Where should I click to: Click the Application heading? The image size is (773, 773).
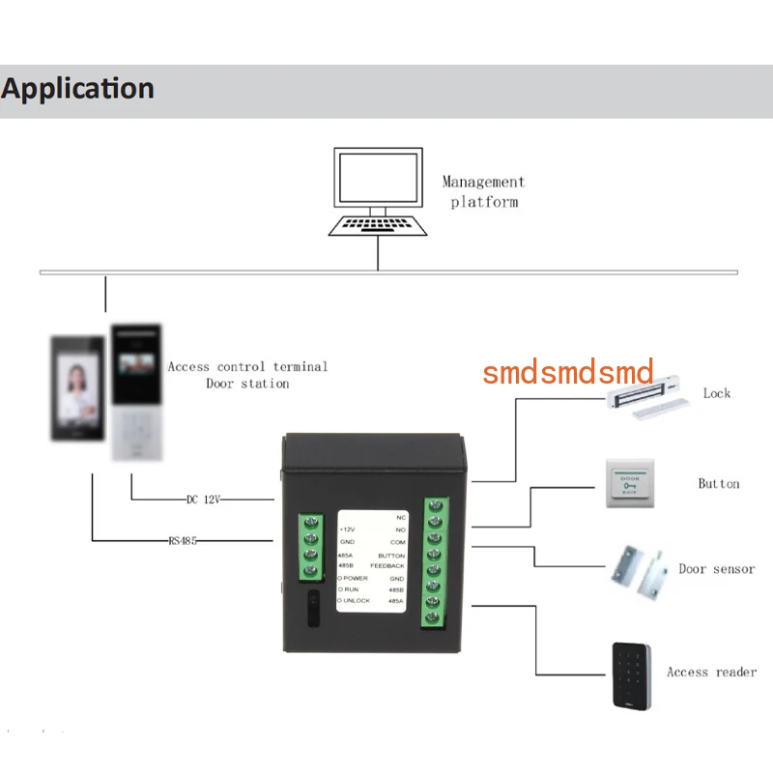(77, 89)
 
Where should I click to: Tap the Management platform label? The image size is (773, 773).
(483, 191)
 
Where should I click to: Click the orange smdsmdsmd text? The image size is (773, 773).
(568, 372)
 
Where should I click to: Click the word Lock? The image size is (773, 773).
(717, 393)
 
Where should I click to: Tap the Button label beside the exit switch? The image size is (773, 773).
(718, 483)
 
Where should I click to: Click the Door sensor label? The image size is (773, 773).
(716, 569)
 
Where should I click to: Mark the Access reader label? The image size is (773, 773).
(711, 672)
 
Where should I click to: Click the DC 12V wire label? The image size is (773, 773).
(204, 500)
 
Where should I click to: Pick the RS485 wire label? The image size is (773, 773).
(183, 541)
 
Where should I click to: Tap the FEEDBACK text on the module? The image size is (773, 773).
(387, 565)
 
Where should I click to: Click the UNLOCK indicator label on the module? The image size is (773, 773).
(358, 601)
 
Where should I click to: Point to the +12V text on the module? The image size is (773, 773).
(348, 530)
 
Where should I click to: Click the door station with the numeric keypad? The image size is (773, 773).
(136, 392)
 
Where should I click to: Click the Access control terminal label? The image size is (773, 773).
(247, 367)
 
